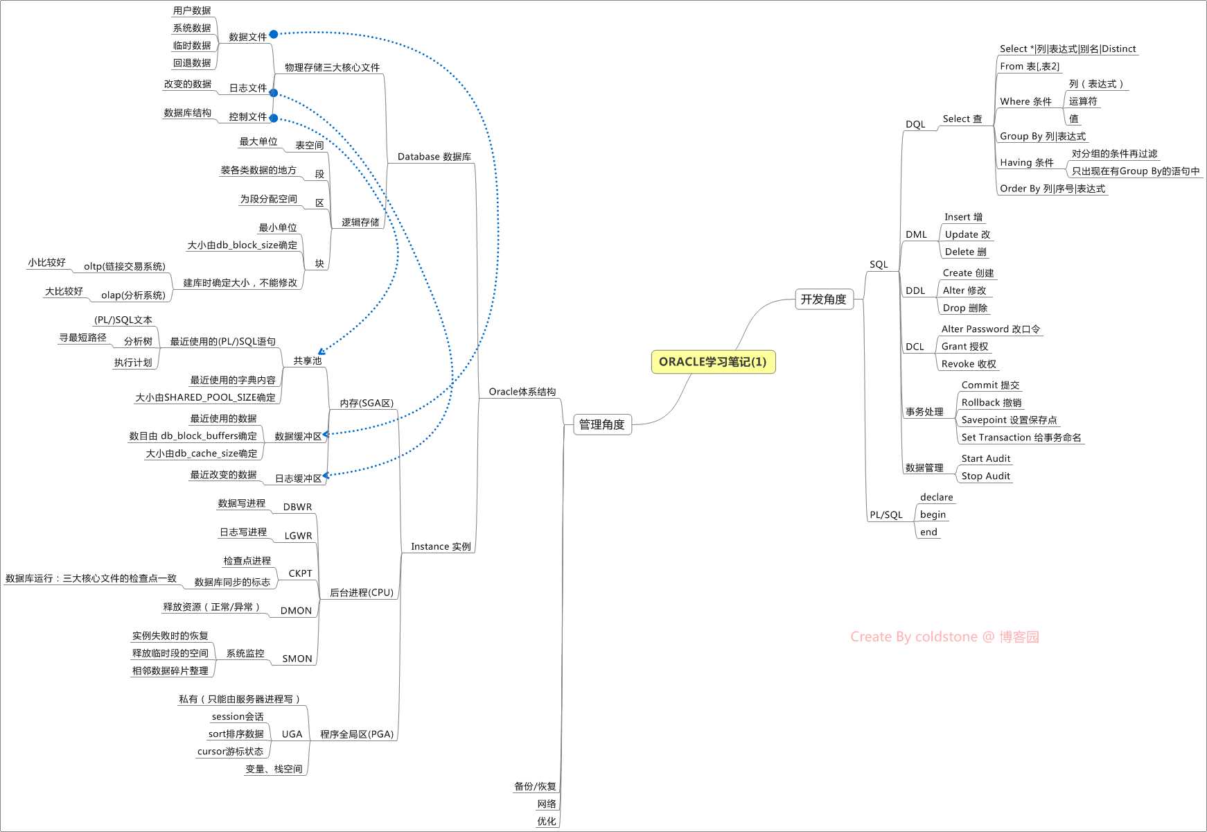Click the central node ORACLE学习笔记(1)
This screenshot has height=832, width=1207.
[x=713, y=362]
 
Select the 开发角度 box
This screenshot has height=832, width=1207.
[x=824, y=300]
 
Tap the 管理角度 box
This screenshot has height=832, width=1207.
[x=601, y=424]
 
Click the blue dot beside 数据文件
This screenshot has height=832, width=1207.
[x=274, y=35]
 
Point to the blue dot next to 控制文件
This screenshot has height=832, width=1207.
[x=274, y=118]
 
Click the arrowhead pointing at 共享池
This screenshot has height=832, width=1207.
[x=321, y=352]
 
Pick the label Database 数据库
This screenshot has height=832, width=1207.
[x=434, y=157]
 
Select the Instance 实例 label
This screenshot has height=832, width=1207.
[x=441, y=546]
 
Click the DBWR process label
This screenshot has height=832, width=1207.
[x=297, y=507]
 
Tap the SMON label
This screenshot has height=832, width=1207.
[x=297, y=659]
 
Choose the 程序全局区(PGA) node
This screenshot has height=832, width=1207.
[x=356, y=734]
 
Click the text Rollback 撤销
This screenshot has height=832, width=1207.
[x=991, y=403]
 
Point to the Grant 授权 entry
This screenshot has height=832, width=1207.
[x=964, y=347]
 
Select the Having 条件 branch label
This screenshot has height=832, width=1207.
[x=1026, y=163]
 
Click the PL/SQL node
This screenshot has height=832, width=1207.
[x=886, y=515]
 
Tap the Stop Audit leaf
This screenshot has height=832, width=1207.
[x=985, y=476]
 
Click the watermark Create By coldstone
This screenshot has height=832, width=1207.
[x=944, y=637]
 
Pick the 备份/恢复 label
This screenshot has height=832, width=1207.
[x=535, y=786]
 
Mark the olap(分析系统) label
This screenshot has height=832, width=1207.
[x=133, y=295]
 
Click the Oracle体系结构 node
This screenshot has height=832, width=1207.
[x=522, y=392]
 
